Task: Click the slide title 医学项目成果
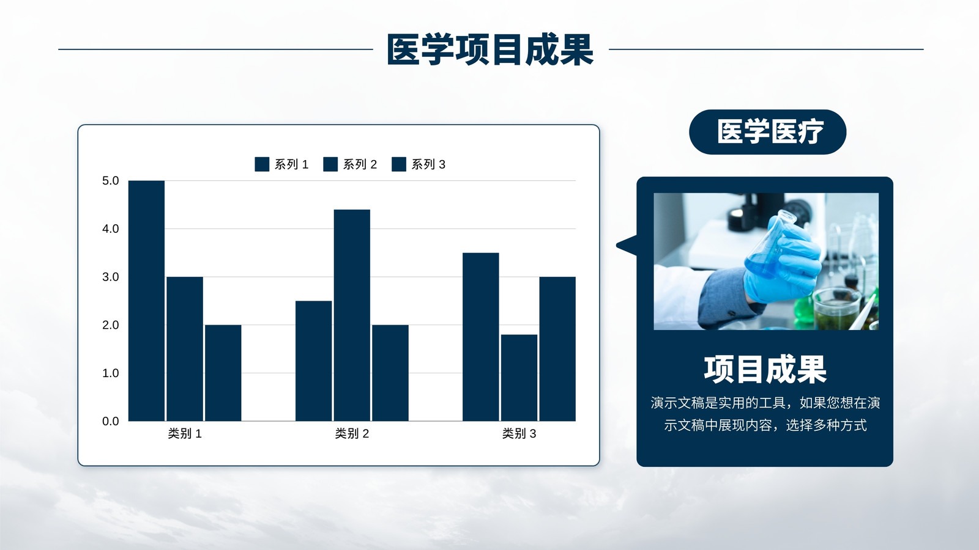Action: pos(490,50)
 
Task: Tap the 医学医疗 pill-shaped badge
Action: pos(767,132)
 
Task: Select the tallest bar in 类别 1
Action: pos(146,301)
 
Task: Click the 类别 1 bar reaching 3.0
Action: pos(185,349)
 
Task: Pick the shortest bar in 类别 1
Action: pos(223,373)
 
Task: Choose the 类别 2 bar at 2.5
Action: pos(313,361)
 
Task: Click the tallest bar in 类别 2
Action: pos(352,315)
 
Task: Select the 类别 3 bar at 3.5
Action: pos(481,337)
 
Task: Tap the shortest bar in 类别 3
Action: pos(519,378)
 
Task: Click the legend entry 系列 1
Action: pos(281,164)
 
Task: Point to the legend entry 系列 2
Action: pos(350,164)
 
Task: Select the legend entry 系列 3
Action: pos(419,164)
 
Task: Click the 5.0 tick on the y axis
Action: pos(111,181)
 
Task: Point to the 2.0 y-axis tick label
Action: pos(111,324)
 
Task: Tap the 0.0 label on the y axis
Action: pos(111,421)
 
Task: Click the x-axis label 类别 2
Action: pos(352,433)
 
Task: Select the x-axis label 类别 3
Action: pos(519,433)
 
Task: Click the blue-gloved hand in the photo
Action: pos(783,262)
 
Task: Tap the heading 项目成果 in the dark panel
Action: pos(765,370)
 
